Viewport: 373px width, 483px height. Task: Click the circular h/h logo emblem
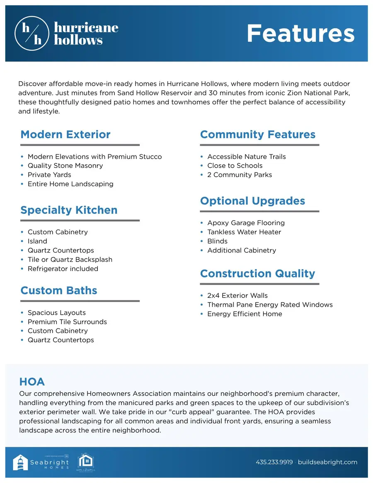[x=32, y=33]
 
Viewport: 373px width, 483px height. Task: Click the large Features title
[x=300, y=33]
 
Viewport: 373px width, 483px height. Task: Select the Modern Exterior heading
[x=65, y=135]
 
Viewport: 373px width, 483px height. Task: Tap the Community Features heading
[x=257, y=135]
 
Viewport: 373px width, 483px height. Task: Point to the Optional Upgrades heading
[x=252, y=201]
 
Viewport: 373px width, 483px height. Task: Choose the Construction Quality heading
[x=257, y=274]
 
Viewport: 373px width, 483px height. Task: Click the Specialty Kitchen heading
[x=69, y=210]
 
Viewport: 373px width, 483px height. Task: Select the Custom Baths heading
[x=59, y=290]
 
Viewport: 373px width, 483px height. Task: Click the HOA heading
[x=32, y=381]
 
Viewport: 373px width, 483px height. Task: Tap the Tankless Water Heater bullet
[x=244, y=232]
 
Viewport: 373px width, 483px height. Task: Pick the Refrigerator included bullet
[x=63, y=269]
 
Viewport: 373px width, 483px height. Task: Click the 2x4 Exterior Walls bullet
[x=237, y=296]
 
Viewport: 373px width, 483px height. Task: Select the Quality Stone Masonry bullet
[x=65, y=166]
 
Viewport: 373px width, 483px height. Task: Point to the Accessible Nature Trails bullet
[x=247, y=157]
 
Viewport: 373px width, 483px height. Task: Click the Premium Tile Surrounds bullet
[x=67, y=322]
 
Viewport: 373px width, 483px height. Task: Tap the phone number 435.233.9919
[x=274, y=462]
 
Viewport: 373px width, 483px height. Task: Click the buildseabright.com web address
[x=327, y=462]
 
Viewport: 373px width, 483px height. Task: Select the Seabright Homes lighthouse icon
[x=20, y=462]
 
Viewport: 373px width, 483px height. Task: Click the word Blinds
[x=218, y=241]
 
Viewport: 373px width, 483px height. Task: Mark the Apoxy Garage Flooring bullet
[x=246, y=223]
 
